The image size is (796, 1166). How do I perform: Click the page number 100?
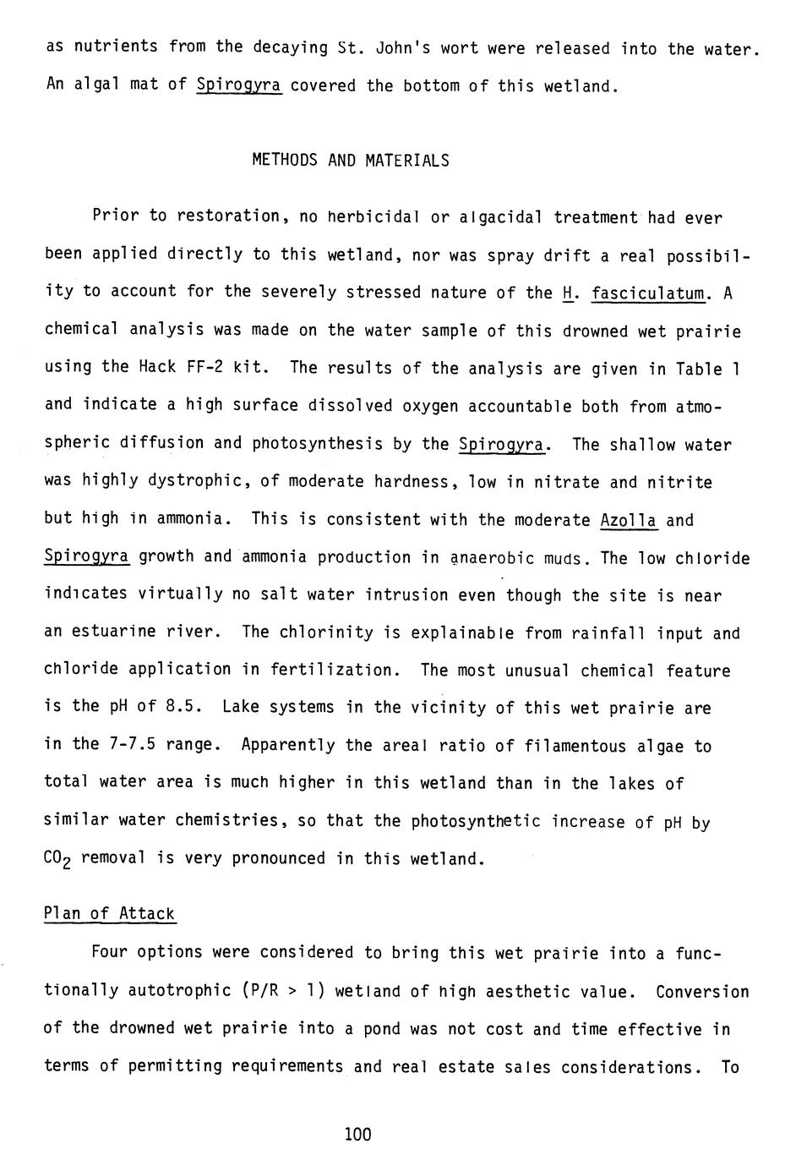(358, 1134)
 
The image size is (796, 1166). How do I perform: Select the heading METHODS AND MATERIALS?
(351, 160)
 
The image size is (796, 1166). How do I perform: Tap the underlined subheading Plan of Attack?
(109, 913)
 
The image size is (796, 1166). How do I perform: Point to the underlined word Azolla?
(628, 519)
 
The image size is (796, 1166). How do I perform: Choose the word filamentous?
(570, 746)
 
